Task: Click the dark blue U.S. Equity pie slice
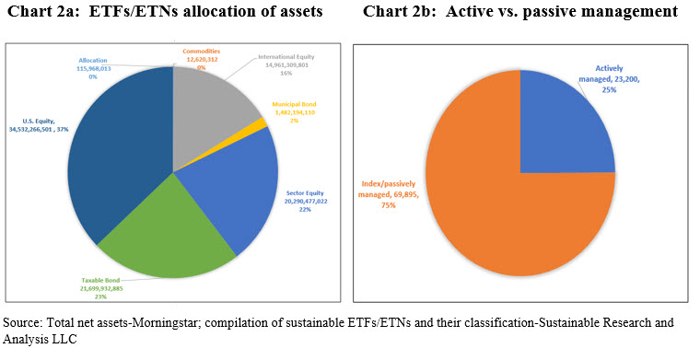coord(124,147)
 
